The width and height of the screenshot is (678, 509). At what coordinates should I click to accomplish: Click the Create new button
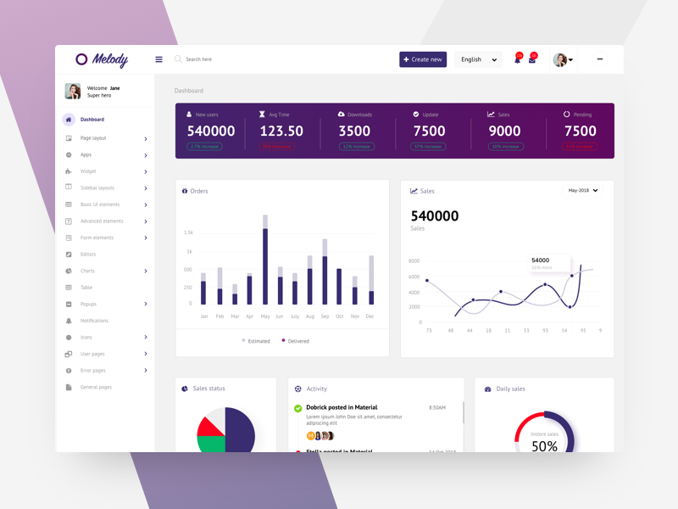(423, 59)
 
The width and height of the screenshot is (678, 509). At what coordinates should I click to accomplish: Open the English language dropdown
(478, 59)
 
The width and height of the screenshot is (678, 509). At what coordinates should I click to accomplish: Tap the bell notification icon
(517, 59)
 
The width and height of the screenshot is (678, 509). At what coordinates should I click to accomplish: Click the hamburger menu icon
(158, 59)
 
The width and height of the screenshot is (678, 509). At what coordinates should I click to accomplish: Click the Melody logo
(102, 59)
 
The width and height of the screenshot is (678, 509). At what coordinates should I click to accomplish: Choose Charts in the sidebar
(87, 271)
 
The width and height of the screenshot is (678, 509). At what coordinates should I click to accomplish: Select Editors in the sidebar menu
(88, 255)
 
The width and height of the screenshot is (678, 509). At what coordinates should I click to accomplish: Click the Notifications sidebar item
(94, 321)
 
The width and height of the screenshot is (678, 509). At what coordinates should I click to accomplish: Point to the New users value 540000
(211, 131)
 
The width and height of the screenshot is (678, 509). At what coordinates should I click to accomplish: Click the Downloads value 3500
(354, 131)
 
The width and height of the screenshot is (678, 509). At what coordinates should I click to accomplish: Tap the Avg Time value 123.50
(281, 131)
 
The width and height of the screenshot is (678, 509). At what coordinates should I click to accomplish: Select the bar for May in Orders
(265, 263)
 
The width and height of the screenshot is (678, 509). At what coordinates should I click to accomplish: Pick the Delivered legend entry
(297, 341)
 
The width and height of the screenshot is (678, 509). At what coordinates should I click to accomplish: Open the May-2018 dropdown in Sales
(583, 191)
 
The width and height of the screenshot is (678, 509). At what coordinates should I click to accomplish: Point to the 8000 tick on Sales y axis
(414, 261)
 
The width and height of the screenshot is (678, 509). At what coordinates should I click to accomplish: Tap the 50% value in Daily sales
(544, 445)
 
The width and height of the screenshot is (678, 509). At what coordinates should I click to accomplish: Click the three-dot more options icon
(600, 59)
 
